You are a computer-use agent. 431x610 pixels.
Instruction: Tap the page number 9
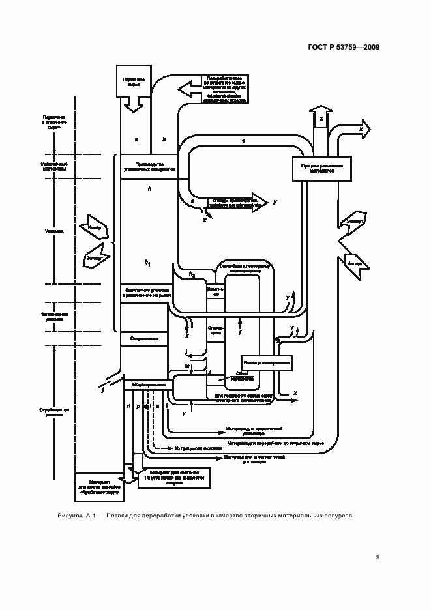pyautogui.click(x=378, y=557)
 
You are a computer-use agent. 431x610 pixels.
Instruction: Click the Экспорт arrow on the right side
pyautogui.click(x=354, y=222)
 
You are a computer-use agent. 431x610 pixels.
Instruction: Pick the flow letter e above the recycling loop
pyautogui.click(x=243, y=140)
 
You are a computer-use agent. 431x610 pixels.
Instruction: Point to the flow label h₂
pyautogui.click(x=192, y=274)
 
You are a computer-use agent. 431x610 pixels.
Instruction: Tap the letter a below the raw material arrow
pyautogui.click(x=136, y=139)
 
